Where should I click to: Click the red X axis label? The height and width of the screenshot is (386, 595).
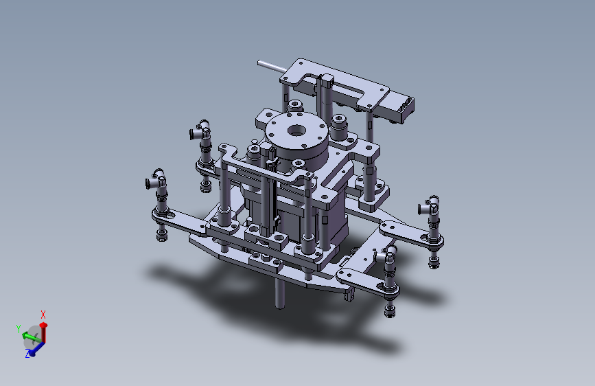(43, 315)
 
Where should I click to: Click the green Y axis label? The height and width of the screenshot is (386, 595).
(19, 328)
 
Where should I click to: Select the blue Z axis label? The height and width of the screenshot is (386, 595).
(27, 354)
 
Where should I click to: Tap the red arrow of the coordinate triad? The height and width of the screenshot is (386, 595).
(44, 333)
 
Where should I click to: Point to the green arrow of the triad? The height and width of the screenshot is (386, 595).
(31, 337)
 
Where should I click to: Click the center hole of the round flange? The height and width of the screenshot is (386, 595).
(296, 131)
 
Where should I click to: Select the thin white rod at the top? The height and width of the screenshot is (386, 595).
(272, 67)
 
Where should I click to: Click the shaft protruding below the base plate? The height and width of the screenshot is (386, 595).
(280, 293)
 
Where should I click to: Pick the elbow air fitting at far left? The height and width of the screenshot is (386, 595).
(156, 180)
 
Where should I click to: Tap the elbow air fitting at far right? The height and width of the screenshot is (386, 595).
(429, 205)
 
